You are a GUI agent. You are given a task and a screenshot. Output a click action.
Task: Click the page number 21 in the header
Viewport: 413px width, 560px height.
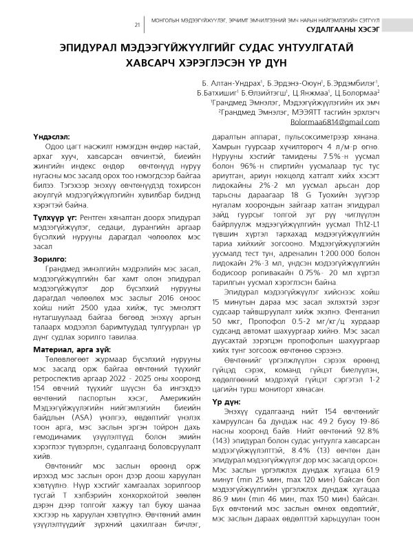click(138, 25)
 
